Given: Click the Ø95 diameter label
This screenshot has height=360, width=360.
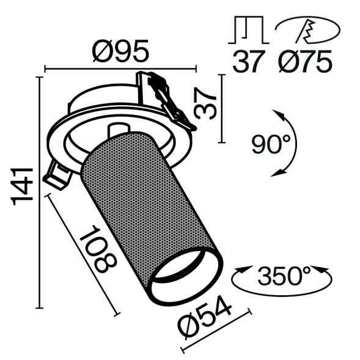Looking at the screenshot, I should pyautogui.click(x=120, y=52).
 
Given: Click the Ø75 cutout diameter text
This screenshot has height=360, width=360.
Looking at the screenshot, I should pyautogui.click(x=305, y=61).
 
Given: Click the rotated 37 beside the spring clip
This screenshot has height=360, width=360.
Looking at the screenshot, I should pyautogui.click(x=206, y=103).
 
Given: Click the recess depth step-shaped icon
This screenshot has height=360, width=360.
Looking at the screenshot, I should pyautogui.click(x=248, y=29).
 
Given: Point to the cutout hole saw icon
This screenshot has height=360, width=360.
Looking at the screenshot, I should pyautogui.click(x=305, y=29).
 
